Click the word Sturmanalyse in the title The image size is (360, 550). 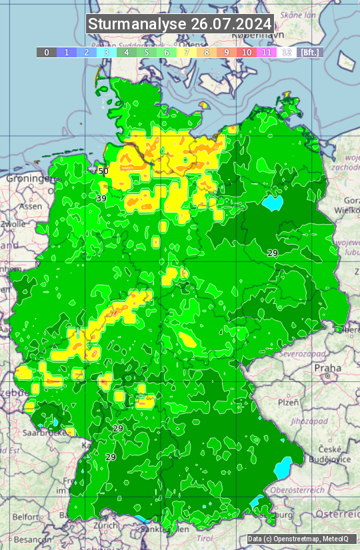tap(137, 24)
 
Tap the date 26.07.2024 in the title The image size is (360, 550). tap(231, 24)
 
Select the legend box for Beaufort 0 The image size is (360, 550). tap(47, 52)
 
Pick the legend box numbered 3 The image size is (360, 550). tap(107, 52)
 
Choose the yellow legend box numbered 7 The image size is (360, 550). tap(187, 52)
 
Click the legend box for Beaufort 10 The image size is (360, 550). tap(247, 52)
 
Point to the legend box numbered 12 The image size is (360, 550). tap(287, 52)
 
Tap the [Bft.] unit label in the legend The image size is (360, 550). tap(310, 52)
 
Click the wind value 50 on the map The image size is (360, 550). tap(103, 171)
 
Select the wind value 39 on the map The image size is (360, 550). tap(101, 199)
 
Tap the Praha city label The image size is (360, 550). tap(327, 367)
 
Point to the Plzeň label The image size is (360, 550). tap(288, 403)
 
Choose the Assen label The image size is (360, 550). tap(31, 207)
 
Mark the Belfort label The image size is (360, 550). tap(26, 517)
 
